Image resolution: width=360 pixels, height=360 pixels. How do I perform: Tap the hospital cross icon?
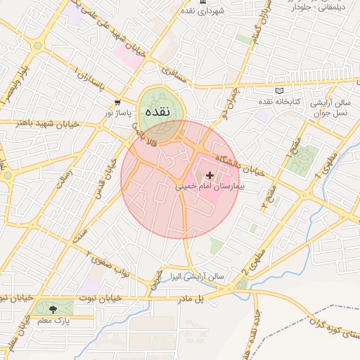tap(210, 174)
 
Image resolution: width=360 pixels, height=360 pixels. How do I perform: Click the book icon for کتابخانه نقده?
tap(280, 91)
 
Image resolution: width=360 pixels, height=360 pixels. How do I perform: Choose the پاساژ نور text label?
tap(118, 112)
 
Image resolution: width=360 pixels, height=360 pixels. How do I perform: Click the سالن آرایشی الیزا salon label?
tap(192, 276)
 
